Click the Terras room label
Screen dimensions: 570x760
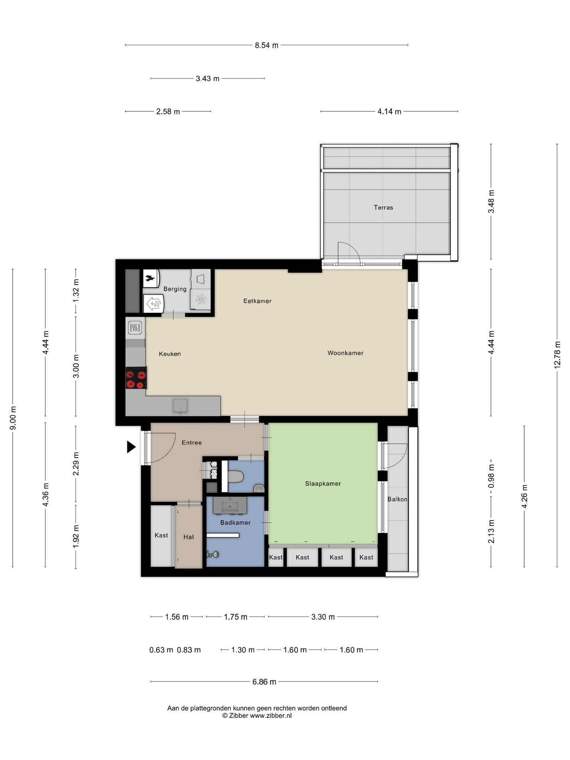point(383,207)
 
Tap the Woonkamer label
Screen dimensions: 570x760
point(345,353)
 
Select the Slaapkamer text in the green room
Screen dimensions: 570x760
point(323,484)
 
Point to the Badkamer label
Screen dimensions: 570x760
point(235,522)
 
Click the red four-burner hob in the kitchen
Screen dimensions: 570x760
point(136,378)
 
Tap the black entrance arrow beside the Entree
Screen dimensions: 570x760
point(131,447)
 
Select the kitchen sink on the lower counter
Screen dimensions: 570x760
point(180,406)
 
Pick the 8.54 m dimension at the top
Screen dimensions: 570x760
point(266,45)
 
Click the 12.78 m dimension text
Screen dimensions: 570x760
point(557,355)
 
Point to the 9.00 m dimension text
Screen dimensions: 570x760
point(13,418)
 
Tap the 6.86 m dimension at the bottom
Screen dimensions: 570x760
point(264,682)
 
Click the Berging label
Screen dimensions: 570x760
point(175,289)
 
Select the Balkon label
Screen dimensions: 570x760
point(397,499)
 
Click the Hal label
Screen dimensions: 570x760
point(189,537)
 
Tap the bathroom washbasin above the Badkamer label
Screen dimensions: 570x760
point(230,505)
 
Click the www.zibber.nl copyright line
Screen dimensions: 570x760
point(257,716)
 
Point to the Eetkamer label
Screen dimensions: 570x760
point(257,301)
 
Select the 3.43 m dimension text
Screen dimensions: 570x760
point(207,79)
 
